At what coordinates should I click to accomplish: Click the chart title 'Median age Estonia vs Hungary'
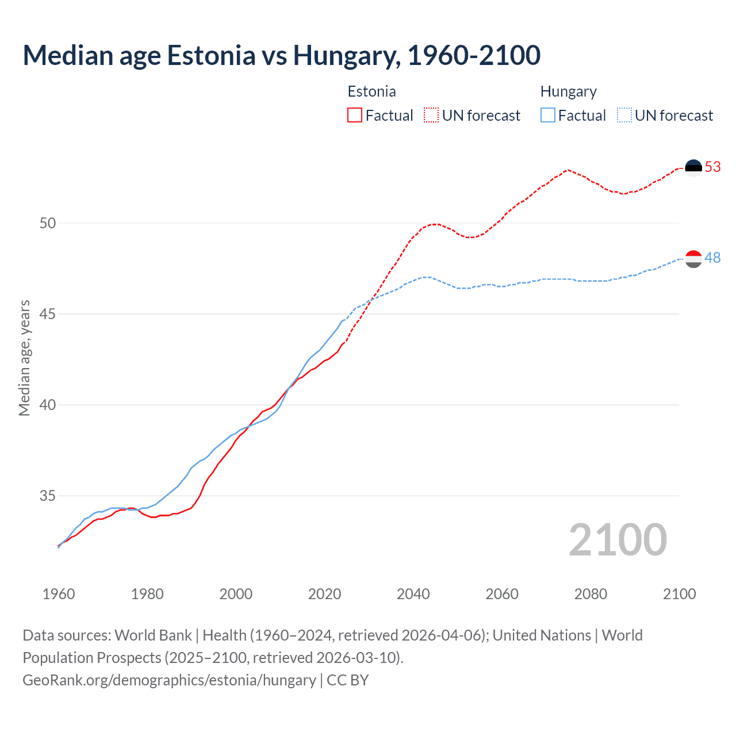(281, 56)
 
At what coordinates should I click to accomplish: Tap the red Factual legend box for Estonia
(355, 115)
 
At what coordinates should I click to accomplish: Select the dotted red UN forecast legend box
(431, 115)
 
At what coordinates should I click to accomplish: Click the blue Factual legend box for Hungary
(548, 115)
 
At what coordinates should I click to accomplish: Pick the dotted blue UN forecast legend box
(624, 115)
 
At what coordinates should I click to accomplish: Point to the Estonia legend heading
(371, 91)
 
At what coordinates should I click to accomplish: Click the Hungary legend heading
(568, 91)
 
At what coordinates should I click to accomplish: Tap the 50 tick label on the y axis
(48, 223)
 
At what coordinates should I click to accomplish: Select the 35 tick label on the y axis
(48, 496)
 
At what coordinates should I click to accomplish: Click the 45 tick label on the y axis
(48, 314)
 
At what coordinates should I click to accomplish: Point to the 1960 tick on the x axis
(59, 594)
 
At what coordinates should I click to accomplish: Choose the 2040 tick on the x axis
(413, 594)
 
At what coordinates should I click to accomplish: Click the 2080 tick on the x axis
(591, 594)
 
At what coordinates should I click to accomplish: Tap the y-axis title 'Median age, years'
(24, 358)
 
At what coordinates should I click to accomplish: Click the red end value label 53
(712, 167)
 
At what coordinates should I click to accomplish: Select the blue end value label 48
(712, 258)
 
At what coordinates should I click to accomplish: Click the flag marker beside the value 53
(693, 167)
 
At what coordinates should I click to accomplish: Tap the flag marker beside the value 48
(693, 259)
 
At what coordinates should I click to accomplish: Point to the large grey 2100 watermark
(618, 540)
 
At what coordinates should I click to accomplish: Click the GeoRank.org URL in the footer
(169, 680)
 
